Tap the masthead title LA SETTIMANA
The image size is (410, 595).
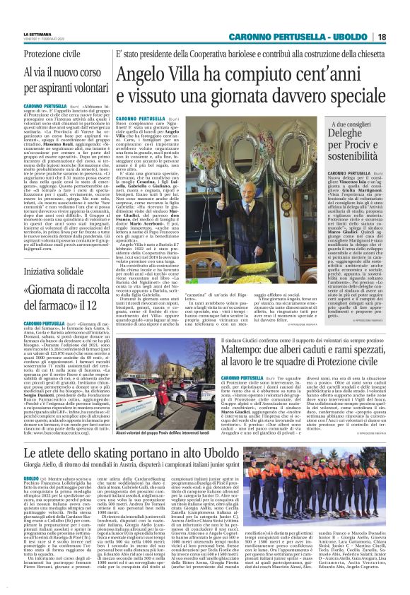tap(32, 33)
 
